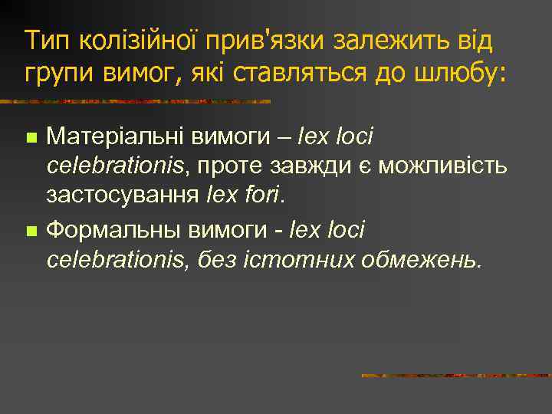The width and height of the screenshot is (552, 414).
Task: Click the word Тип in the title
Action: click(44, 41)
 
